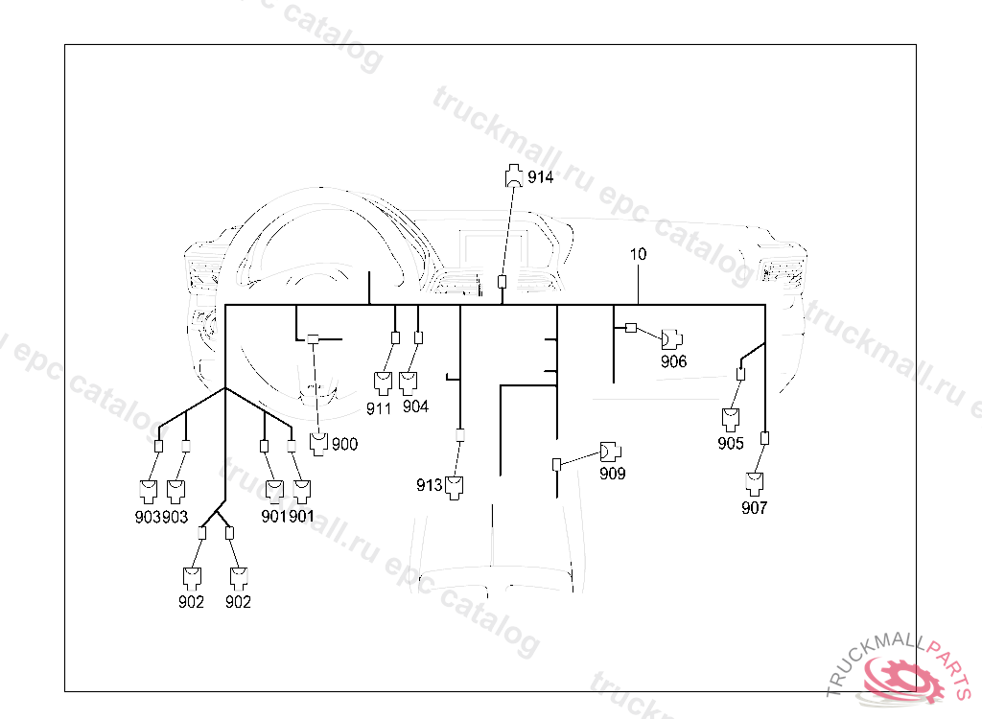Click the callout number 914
(x=541, y=177)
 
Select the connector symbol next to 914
(x=515, y=175)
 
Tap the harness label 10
(x=638, y=255)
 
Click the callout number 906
(x=673, y=361)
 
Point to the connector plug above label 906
(x=671, y=337)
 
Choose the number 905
(x=731, y=443)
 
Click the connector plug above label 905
(x=732, y=419)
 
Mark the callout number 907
(x=755, y=508)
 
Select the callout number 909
(x=613, y=473)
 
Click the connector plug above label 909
(x=610, y=451)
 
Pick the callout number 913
(x=429, y=485)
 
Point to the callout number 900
(x=344, y=444)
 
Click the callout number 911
(x=379, y=407)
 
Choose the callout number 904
(x=415, y=406)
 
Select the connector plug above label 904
(x=409, y=383)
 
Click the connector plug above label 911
(x=383, y=383)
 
